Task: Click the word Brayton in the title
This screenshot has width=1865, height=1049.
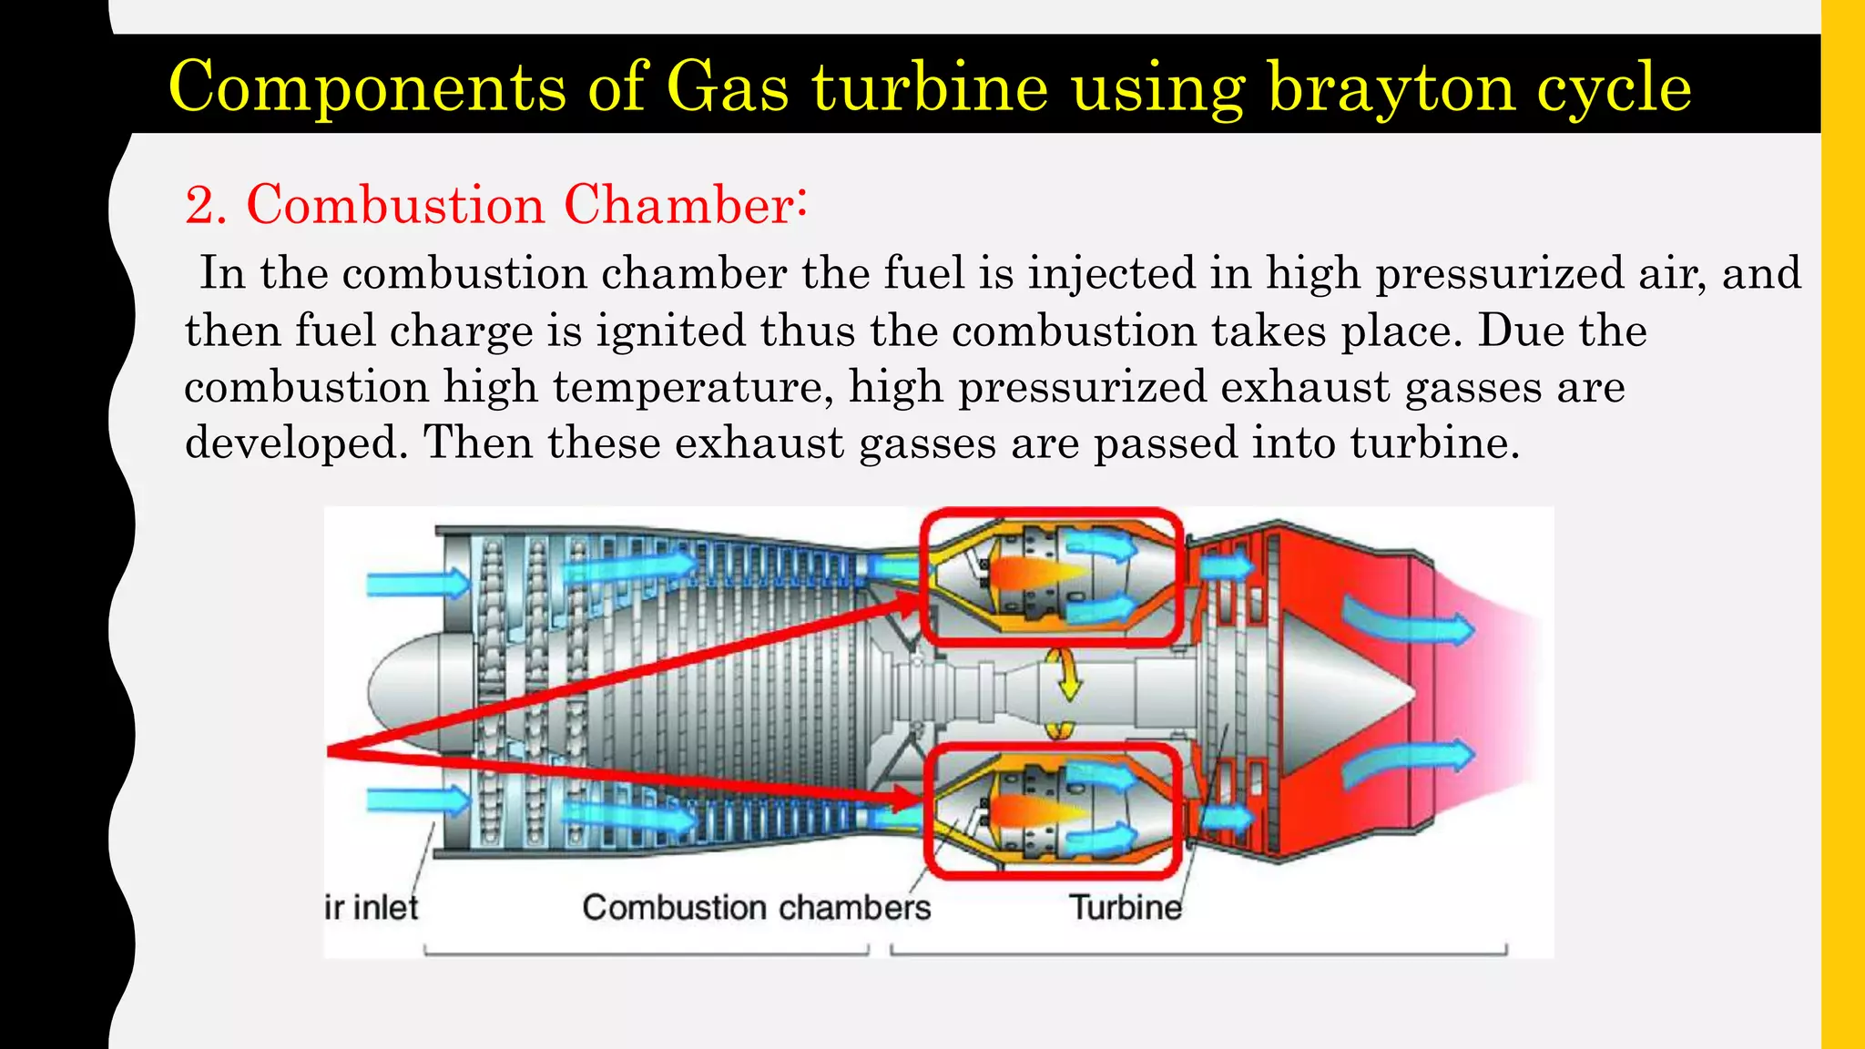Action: pyautogui.click(x=1391, y=88)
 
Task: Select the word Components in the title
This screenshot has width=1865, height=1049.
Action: pyautogui.click(x=367, y=88)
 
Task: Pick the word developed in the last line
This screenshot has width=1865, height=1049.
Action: pyautogui.click(x=296, y=443)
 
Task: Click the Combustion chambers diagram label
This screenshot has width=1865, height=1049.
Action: pyautogui.click(x=756, y=908)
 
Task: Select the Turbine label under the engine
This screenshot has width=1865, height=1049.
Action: pyautogui.click(x=1126, y=908)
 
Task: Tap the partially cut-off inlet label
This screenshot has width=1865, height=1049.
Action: pyautogui.click(x=372, y=908)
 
